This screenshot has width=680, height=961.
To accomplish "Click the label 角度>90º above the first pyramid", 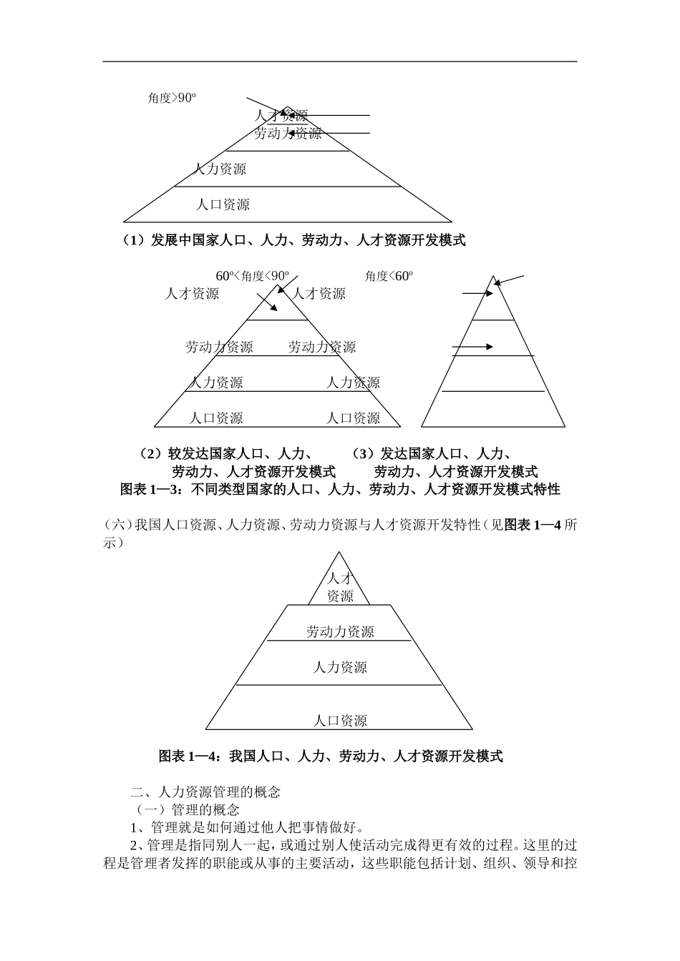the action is click(x=172, y=99).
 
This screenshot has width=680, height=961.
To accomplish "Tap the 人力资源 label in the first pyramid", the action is click(x=220, y=169).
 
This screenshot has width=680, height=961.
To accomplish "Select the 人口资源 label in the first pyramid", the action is click(x=223, y=205).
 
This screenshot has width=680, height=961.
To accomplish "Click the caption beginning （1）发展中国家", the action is click(x=293, y=241).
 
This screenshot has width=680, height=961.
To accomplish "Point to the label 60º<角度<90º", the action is click(x=253, y=276).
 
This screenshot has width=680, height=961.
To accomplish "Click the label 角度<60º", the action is click(x=389, y=276).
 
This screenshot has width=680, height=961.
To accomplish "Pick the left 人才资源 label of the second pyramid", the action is click(x=192, y=294).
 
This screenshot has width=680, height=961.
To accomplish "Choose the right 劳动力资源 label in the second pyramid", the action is click(x=322, y=348).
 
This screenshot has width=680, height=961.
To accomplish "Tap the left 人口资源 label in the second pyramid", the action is click(x=215, y=418).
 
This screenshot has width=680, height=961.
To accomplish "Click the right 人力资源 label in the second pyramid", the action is click(x=353, y=383).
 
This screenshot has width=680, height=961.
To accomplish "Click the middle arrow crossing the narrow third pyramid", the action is click(x=473, y=347).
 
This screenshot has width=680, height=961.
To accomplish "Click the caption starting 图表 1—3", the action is click(x=340, y=490).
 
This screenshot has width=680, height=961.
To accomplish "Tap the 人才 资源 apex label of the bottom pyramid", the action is click(x=340, y=587).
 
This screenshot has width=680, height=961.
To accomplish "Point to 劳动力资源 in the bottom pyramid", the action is click(x=340, y=632).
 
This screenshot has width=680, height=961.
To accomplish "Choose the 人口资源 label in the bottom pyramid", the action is click(x=340, y=721).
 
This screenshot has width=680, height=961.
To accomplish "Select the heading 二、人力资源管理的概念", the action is click(x=205, y=792).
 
